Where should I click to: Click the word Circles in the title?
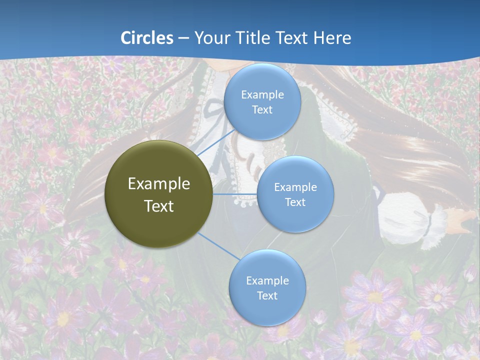click(x=146, y=37)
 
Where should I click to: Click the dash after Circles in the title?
click(x=183, y=38)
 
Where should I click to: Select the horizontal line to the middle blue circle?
click(x=235, y=194)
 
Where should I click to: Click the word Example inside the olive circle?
click(x=158, y=183)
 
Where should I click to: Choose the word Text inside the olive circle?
click(x=158, y=206)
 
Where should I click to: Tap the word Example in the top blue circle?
click(x=262, y=94)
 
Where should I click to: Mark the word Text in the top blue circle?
click(x=262, y=109)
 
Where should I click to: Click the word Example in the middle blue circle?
click(x=295, y=187)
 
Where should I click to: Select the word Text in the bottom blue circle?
click(x=267, y=295)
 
